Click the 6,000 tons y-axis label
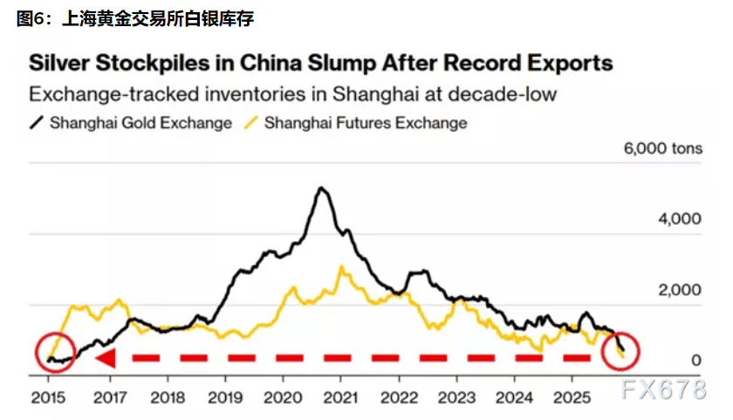point(661,149)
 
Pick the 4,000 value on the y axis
point(678,219)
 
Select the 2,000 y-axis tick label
point(678,289)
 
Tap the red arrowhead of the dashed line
point(105,358)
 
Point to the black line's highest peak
point(322,188)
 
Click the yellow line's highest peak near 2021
point(342,267)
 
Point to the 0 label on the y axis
point(696,360)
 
